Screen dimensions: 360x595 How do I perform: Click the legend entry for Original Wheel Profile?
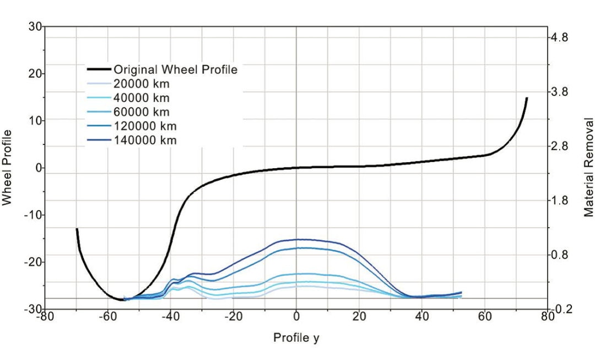point(175,69)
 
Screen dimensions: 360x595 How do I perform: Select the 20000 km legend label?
point(142,84)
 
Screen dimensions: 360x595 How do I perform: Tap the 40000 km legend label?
point(142,98)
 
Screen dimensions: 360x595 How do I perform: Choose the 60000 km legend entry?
point(142,112)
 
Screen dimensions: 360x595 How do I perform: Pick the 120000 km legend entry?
point(144,126)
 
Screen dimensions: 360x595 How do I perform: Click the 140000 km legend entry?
point(144,140)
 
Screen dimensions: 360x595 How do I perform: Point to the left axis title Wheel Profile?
point(7,168)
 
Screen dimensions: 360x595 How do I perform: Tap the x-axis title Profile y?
point(296,337)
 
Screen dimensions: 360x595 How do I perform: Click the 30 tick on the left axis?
point(35,26)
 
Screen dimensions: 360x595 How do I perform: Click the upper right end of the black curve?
point(527,98)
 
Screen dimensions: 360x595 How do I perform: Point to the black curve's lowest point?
point(121,300)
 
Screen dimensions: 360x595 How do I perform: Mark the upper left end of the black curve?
point(77,229)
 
